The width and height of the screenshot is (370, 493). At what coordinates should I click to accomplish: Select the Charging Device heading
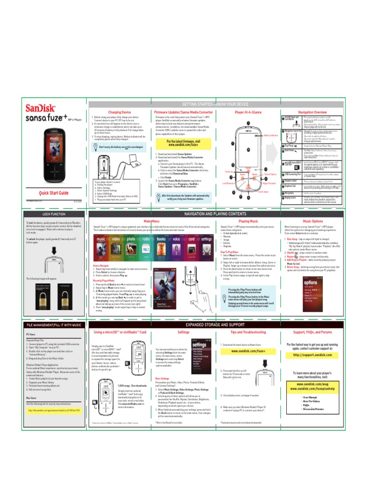pyautogui.click(x=119, y=112)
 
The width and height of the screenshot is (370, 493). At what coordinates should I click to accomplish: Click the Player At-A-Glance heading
pyautogui.click(x=248, y=112)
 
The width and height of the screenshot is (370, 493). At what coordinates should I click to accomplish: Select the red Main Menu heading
pyautogui.click(x=152, y=220)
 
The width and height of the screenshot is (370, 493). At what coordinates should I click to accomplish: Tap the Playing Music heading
pyautogui.click(x=248, y=220)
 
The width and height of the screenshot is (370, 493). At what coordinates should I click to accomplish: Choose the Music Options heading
pyautogui.click(x=312, y=220)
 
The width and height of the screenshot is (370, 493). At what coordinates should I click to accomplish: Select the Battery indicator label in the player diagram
pyautogui.click(x=271, y=135)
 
